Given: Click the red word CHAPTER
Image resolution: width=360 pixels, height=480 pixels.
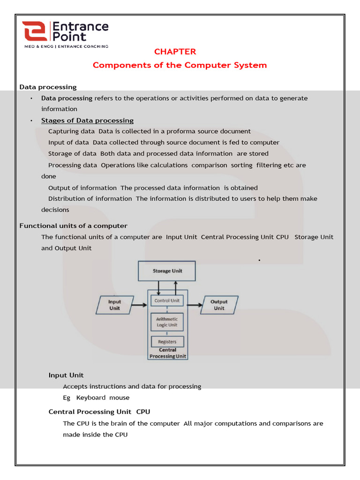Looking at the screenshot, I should tap(175, 52).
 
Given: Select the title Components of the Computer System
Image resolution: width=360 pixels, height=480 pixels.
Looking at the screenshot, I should tap(180, 65).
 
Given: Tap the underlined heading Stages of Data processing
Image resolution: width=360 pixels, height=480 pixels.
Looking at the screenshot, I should tap(87, 120).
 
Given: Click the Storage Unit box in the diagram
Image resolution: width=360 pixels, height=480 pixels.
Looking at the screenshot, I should tap(167, 271).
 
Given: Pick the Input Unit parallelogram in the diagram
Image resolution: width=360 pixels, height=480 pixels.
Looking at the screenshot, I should tap(114, 305).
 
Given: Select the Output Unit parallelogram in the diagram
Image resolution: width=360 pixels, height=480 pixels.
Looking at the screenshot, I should tap(219, 305).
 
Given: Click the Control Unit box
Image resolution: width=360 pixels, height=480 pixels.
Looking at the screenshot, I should tap(167, 300).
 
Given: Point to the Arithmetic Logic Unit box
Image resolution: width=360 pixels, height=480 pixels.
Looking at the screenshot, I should tap(167, 322).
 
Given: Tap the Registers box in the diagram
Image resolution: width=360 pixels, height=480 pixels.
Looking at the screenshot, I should tap(167, 342).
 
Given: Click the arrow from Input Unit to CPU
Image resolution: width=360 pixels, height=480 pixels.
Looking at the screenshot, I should tap(138, 305).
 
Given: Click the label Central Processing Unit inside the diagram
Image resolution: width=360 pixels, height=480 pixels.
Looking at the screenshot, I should tap(167, 353).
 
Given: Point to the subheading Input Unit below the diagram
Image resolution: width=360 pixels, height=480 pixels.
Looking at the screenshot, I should tap(66, 375).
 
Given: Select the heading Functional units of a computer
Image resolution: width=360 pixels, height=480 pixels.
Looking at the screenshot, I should tap(73, 226).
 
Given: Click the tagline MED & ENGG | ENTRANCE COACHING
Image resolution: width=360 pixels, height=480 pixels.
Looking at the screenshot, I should tap(66, 46).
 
